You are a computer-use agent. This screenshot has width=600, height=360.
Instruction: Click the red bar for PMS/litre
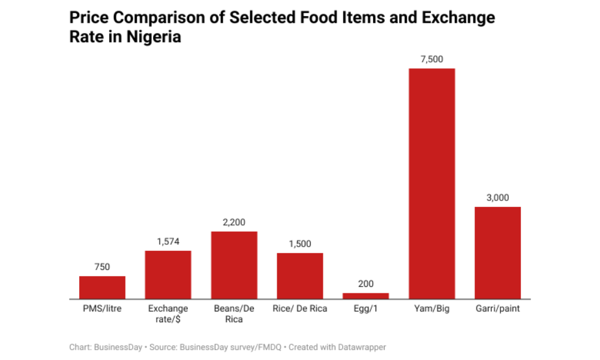coord(102,287)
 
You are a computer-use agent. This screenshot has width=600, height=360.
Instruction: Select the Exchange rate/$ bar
coord(168,275)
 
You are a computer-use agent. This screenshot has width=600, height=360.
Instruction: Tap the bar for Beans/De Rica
coord(234,265)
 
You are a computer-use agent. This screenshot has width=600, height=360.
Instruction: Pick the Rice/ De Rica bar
coord(300,276)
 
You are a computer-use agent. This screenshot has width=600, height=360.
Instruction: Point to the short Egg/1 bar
coord(366,296)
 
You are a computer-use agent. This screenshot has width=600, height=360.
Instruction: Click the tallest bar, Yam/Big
coord(432,184)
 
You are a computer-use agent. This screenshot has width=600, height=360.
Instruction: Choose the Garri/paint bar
coord(498,253)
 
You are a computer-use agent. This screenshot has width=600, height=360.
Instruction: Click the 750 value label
coord(102,267)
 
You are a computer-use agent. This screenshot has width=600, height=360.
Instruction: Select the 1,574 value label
coord(168,241)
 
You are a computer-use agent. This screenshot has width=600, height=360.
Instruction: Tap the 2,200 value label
coord(234,222)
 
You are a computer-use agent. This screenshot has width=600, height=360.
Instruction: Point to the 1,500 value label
coord(300,244)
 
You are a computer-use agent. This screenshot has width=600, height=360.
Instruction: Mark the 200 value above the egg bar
coord(366,284)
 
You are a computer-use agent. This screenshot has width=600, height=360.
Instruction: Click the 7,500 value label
coord(432,59)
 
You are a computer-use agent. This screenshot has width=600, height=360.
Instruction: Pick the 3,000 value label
coord(498,197)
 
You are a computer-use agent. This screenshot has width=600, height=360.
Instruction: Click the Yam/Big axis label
coord(432,309)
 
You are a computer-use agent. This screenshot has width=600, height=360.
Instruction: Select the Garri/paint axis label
coord(498,309)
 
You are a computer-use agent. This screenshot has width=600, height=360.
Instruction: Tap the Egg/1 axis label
coord(366,309)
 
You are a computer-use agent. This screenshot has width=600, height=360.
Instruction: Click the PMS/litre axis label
coord(102,309)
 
